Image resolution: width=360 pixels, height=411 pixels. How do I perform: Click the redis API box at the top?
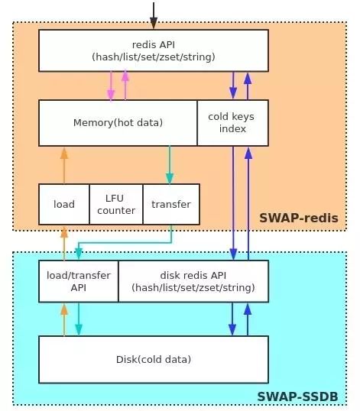154,50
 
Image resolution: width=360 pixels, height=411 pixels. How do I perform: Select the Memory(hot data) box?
118,123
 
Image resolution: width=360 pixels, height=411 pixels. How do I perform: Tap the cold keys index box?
233,123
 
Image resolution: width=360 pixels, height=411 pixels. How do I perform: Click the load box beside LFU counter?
64,204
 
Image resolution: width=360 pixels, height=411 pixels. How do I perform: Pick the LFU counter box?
116,204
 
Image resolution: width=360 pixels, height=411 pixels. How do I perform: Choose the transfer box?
171,204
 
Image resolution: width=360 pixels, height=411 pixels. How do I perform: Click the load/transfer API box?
79,281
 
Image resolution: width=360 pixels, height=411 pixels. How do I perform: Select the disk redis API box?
193,281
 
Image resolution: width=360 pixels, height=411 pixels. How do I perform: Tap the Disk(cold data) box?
154,359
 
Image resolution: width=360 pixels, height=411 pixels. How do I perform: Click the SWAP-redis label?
299,218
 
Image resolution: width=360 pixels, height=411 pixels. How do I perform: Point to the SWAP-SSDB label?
297,396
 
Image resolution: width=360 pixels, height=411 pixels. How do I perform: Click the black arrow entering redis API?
154,15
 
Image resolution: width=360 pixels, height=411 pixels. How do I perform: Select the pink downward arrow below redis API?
111,86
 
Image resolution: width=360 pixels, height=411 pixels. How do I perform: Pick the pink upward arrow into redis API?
125,86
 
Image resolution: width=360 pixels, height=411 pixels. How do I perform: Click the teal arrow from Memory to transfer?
170,165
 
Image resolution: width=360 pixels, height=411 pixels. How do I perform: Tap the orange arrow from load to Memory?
64,166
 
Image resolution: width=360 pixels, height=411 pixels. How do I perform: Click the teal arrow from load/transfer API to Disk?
79,319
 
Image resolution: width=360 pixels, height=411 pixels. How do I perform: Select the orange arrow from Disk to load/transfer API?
64,319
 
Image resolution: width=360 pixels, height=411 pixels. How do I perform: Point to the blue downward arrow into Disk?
232,319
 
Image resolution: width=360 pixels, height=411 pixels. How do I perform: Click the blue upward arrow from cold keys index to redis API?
248,86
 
